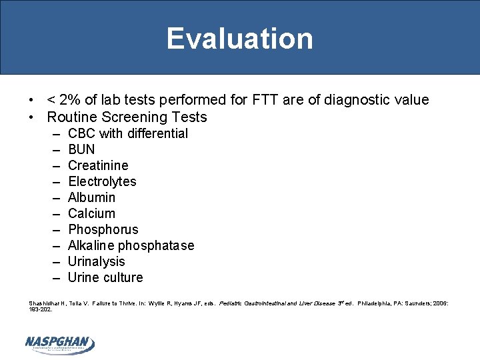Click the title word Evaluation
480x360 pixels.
click(239, 39)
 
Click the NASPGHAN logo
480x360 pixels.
click(59, 343)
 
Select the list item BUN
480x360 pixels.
click(81, 149)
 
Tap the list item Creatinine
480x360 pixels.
click(98, 165)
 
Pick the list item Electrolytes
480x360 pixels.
click(102, 181)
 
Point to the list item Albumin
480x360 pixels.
click(91, 197)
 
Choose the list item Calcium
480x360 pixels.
click(91, 213)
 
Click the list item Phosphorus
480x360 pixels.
click(103, 229)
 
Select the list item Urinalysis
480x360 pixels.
click(96, 261)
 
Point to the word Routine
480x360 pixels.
click(72, 117)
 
